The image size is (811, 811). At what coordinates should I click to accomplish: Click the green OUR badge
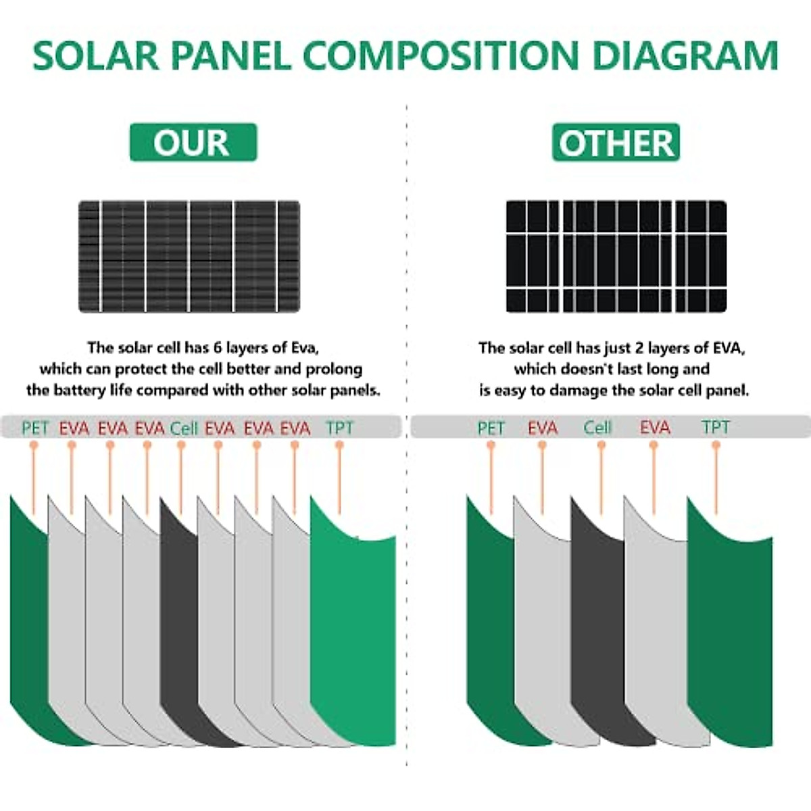193,142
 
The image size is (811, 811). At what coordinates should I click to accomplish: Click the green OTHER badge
616,142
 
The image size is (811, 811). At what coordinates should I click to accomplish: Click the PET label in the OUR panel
35,428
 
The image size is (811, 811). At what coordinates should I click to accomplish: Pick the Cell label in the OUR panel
183,428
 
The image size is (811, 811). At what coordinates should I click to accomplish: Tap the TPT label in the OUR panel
339,428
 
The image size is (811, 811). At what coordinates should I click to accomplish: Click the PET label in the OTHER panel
491,428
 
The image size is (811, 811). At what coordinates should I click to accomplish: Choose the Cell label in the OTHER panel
597,428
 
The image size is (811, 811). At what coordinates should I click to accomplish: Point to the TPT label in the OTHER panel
716,428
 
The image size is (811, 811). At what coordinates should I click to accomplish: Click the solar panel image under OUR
189,256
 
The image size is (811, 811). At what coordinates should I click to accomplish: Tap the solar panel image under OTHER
616,256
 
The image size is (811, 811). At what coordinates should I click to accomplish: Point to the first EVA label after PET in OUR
74,428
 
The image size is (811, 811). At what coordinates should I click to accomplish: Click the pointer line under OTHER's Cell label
601,473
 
